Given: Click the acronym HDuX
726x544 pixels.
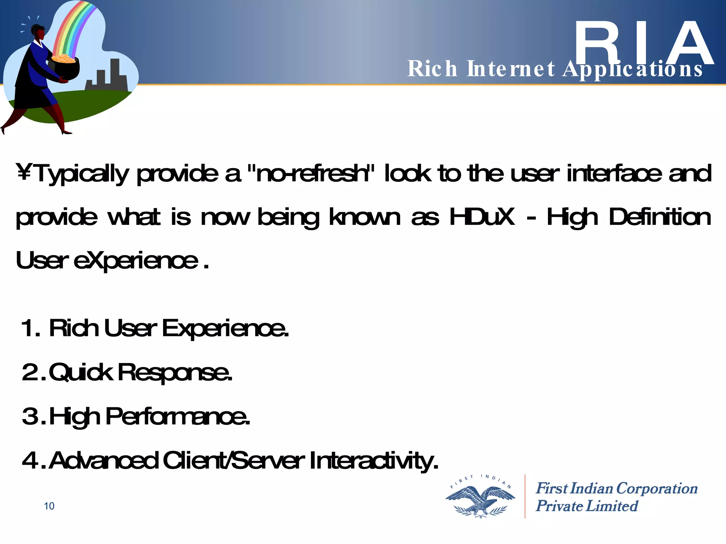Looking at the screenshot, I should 482,217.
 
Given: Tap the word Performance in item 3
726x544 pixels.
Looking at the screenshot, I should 177,416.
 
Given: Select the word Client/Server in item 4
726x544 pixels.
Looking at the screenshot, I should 234,460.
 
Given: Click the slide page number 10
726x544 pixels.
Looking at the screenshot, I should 49,506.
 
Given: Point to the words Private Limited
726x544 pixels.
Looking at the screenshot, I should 587,506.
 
